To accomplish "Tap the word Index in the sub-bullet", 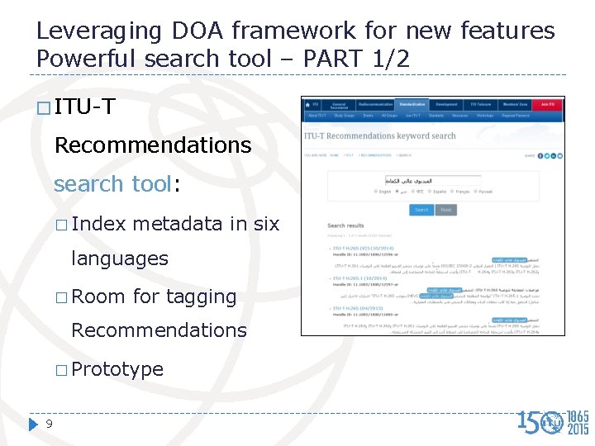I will click(x=98, y=223).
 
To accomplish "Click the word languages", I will click(x=120, y=259).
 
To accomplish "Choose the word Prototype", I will click(x=117, y=369).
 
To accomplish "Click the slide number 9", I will click(x=50, y=425).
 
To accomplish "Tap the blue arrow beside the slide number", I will click(x=33, y=425).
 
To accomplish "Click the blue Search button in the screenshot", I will click(x=421, y=210).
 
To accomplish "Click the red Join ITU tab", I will click(x=546, y=105).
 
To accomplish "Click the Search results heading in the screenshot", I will click(x=345, y=225).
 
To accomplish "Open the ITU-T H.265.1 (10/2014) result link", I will click(x=364, y=279).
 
